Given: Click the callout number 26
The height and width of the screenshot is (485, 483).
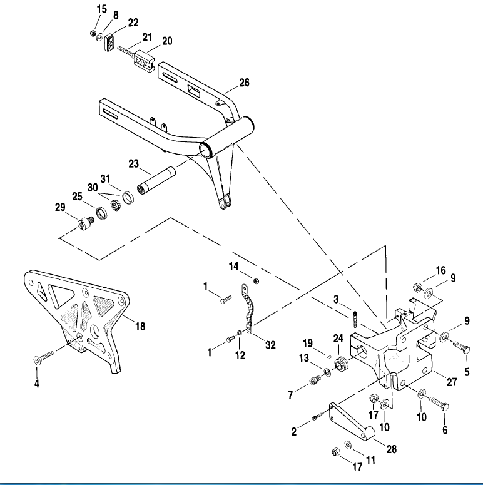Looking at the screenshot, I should coord(244,83).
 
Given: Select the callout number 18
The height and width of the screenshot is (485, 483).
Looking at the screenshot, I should coord(140,327).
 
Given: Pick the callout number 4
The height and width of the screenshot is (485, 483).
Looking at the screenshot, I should coord(37,383).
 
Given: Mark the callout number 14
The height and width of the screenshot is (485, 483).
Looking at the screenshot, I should coord(233,266).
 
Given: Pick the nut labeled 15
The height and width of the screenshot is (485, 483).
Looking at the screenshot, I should coord(93,33).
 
